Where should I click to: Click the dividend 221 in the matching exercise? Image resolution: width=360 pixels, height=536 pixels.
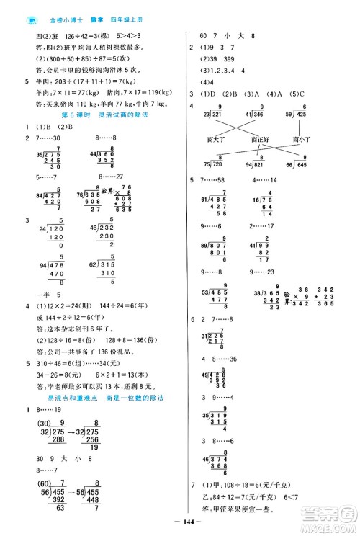point(217,114)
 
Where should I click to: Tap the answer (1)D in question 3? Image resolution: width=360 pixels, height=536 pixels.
point(210,94)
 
